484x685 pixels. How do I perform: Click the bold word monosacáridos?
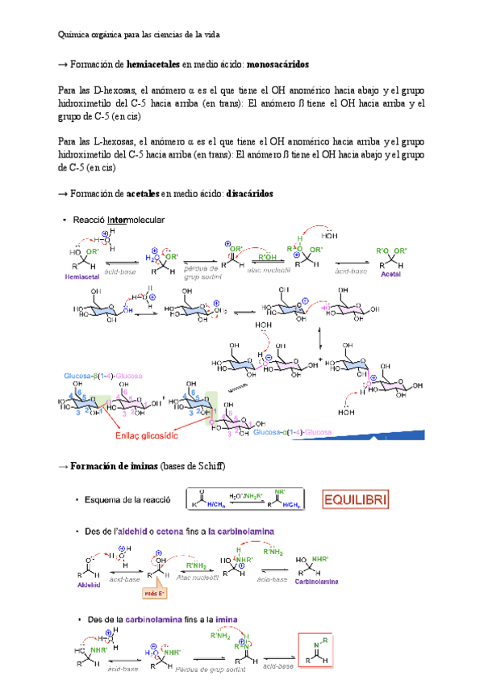(269, 63)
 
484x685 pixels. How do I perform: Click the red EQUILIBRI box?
(355, 500)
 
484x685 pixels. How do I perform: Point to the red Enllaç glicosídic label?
(156, 435)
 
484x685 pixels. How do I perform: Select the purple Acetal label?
(390, 275)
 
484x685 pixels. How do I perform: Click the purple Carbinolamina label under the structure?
(316, 581)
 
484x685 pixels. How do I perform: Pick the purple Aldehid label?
(79, 581)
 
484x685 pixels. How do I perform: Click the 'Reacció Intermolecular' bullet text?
(119, 220)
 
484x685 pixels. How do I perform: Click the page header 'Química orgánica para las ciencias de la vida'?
(139, 35)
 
